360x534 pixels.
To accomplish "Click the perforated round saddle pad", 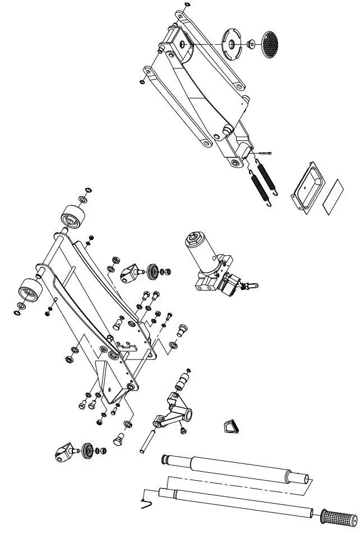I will (x=271, y=42).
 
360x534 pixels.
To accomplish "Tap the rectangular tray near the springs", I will (x=308, y=187).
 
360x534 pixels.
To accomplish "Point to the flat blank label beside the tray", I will (x=333, y=195).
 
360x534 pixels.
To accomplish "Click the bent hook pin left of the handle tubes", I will (x=147, y=501).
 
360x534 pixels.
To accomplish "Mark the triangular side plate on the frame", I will (x=109, y=381).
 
